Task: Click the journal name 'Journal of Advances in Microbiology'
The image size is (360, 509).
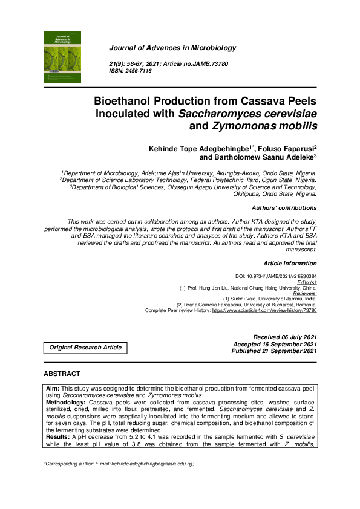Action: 172,48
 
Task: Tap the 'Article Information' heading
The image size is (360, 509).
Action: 290,263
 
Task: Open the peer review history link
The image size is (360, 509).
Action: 264,310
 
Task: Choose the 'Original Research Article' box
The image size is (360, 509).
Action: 85,347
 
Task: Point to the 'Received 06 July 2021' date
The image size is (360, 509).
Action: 284,337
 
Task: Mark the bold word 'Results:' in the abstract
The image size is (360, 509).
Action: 58,435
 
